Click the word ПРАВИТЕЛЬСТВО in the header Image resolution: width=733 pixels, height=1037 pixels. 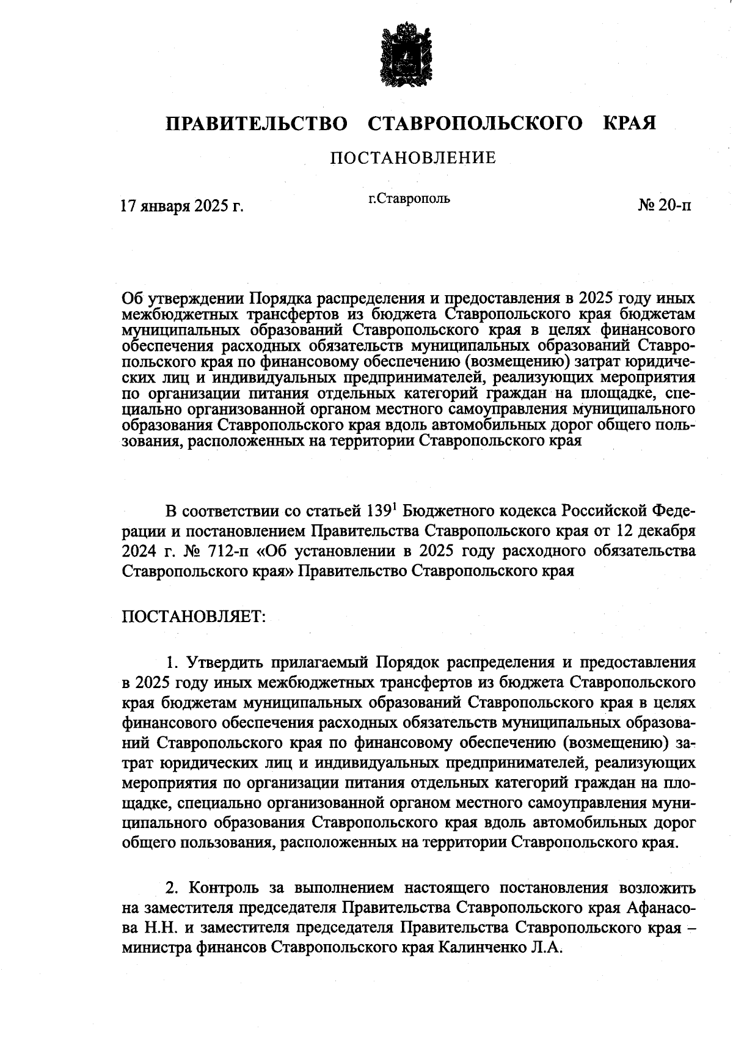257,124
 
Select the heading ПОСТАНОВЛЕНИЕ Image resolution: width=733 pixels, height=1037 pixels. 413,159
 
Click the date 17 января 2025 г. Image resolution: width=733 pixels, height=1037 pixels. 183,206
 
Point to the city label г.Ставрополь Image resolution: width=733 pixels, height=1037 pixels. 409,199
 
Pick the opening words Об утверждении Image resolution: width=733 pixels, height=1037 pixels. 182,299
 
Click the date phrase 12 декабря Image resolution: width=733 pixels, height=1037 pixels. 655,530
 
